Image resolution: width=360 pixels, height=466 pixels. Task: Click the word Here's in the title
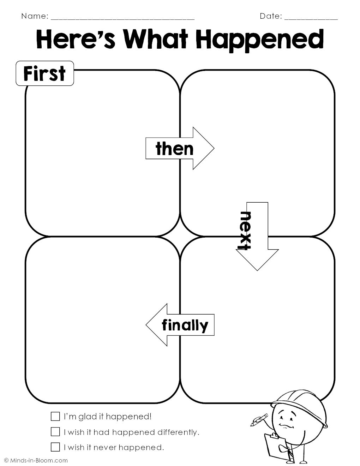coord(76,40)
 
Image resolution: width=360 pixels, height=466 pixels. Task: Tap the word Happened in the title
coord(260,41)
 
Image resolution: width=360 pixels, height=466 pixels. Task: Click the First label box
coord(45,73)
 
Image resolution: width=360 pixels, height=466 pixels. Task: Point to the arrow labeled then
coord(180,148)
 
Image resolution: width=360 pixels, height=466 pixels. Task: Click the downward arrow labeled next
coord(257,236)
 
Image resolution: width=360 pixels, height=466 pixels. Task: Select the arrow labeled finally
coord(180,325)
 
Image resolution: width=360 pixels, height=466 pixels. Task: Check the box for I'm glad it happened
coord(55,416)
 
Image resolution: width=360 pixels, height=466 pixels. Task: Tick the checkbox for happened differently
coord(55,432)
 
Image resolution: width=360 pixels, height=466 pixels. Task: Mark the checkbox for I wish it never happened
coord(55,447)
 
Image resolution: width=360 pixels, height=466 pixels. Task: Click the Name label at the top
coord(35,16)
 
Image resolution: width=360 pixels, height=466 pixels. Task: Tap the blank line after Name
coord(122,19)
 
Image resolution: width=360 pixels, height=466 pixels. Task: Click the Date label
coord(271,16)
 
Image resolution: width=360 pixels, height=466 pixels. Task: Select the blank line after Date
coord(311,19)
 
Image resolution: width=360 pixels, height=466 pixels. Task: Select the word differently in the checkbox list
coord(178,432)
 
